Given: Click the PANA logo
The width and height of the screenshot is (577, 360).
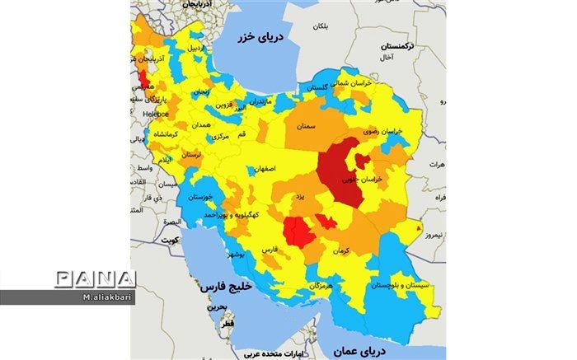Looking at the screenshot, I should point(95,278).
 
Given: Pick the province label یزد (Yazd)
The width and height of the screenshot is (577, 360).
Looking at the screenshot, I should point(302,198).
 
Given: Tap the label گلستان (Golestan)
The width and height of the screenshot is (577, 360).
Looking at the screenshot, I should point(322,86).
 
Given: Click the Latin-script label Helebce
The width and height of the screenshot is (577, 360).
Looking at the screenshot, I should point(153,113).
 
